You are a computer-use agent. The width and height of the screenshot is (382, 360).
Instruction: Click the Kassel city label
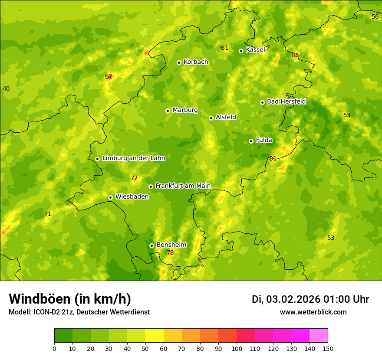pyautogui.click(x=255, y=50)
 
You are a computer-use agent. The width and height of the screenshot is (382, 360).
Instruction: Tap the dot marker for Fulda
pyautogui.click(x=251, y=141)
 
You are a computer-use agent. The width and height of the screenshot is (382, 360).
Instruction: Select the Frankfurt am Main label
pyautogui.click(x=183, y=186)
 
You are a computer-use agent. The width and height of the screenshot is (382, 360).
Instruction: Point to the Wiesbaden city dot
pyautogui.click(x=111, y=197)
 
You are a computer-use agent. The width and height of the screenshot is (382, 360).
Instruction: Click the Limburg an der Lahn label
pyautogui.click(x=133, y=158)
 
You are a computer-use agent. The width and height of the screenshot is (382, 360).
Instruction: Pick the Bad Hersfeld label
pyautogui.click(x=286, y=101)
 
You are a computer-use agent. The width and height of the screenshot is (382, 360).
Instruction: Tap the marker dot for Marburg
pyautogui.click(x=168, y=111)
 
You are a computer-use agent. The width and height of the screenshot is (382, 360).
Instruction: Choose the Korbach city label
pyautogui.click(x=195, y=62)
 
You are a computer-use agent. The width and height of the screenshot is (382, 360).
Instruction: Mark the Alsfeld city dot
pyautogui.click(x=211, y=118)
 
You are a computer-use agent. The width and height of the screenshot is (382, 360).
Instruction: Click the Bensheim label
pyautogui.click(x=171, y=245)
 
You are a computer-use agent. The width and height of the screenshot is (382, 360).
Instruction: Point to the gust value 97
pyautogui.click(x=109, y=77)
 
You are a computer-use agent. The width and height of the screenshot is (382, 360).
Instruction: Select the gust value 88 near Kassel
pyautogui.click(x=295, y=55)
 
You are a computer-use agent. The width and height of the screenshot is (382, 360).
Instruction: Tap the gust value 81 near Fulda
pyautogui.click(x=273, y=158)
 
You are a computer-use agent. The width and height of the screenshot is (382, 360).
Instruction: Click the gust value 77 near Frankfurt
pyautogui.click(x=134, y=178)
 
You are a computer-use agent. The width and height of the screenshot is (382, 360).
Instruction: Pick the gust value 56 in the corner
pyautogui.click(x=375, y=16)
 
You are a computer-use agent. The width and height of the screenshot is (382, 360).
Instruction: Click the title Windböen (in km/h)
pyautogui.click(x=70, y=299)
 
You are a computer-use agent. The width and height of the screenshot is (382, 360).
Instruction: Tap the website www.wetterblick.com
pyautogui.click(x=313, y=312)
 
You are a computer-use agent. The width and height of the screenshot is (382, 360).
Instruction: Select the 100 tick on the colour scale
pyautogui.click(x=237, y=348)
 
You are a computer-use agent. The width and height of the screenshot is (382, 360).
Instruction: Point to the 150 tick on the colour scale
pyautogui.click(x=328, y=348)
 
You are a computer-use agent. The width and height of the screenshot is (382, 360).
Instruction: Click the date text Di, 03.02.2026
pyautogui.click(x=286, y=299)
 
